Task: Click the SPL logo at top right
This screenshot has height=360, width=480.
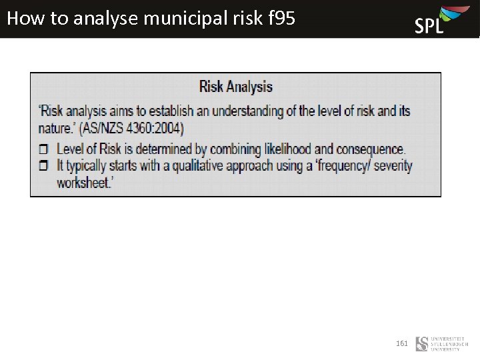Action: point(437,20)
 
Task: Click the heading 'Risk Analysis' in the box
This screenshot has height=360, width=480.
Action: point(236,87)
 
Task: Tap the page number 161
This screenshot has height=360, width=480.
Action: point(402,343)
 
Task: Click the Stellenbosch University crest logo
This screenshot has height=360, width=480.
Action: point(422,344)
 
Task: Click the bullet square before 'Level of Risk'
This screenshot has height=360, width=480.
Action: point(44,149)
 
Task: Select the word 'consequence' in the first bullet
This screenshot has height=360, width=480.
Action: point(367,149)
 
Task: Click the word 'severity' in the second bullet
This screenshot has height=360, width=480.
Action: point(393,166)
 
